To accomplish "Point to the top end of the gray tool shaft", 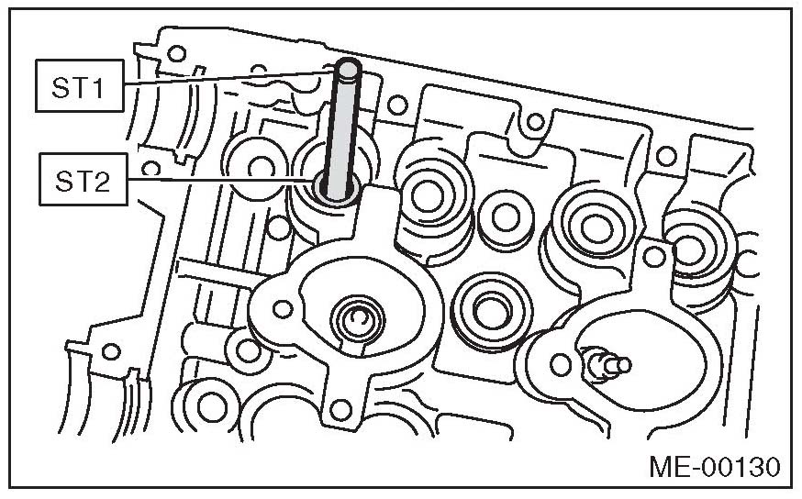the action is pyautogui.click(x=347, y=66).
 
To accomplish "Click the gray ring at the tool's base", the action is pyautogui.click(x=335, y=190).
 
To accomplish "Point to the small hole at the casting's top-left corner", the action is pyautogui.click(x=177, y=53).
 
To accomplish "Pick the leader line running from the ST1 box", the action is pyautogui.click(x=229, y=78).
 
